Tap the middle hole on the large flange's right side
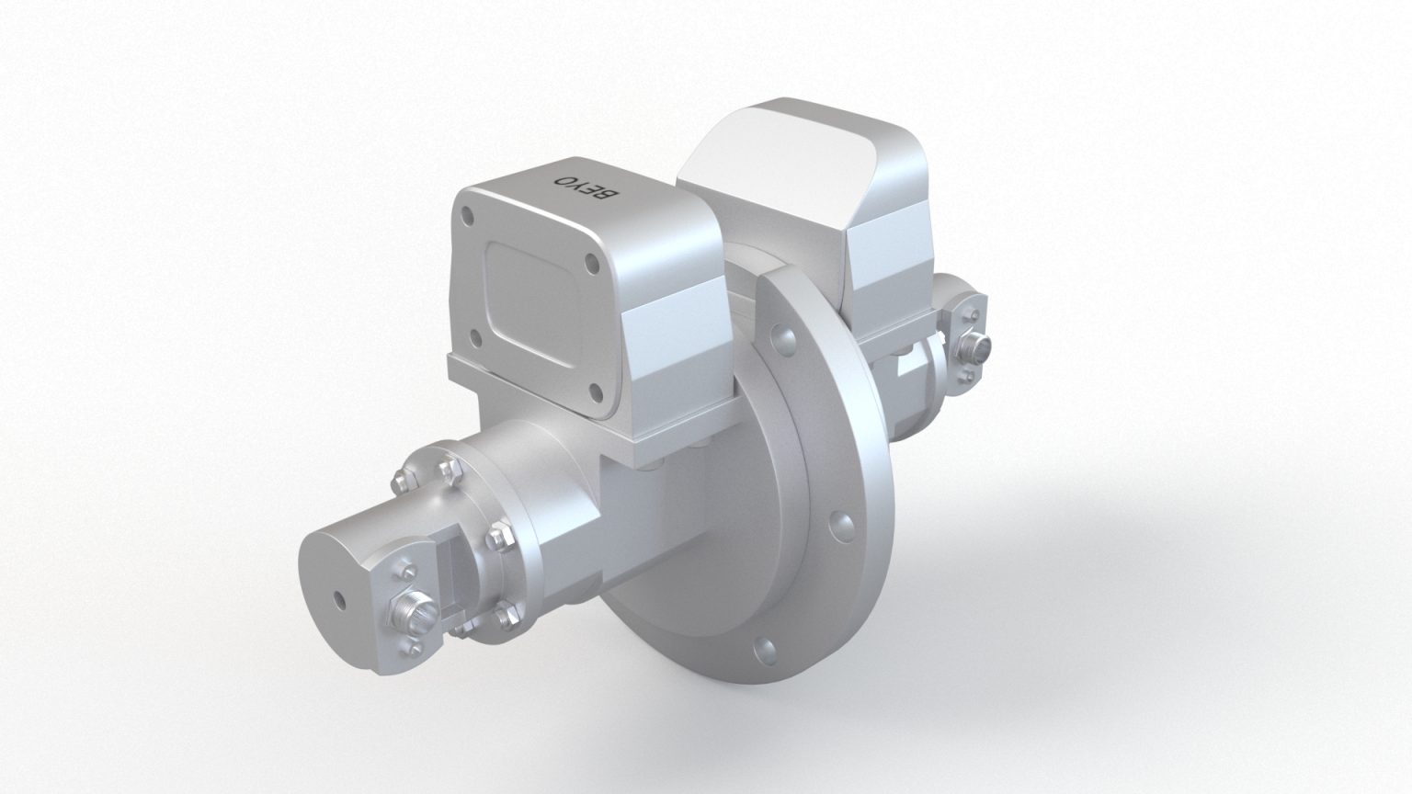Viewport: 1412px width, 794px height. click(837, 522)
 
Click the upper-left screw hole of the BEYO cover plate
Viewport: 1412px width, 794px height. click(470, 218)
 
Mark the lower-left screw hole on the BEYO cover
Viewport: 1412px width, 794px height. click(474, 338)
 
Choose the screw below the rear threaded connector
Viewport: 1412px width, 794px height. click(968, 376)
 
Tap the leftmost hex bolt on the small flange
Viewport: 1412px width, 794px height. click(400, 479)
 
